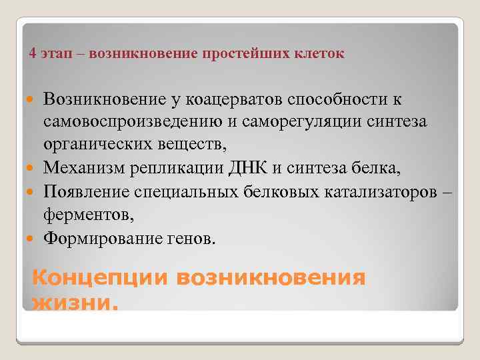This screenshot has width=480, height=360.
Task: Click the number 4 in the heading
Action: [x=33, y=54]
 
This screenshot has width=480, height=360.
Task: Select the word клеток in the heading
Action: [x=323, y=54]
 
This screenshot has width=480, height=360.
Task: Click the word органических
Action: [x=93, y=143]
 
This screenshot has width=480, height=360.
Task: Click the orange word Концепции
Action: [x=99, y=278]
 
